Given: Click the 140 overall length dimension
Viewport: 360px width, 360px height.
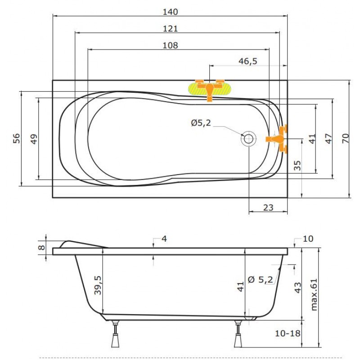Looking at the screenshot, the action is point(170,12).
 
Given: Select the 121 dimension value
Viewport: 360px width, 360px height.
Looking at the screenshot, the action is point(170,29).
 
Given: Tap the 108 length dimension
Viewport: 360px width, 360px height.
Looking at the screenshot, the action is point(170,45).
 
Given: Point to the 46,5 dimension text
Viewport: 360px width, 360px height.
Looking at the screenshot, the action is point(248,61).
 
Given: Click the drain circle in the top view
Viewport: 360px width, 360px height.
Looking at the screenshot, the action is point(248,139).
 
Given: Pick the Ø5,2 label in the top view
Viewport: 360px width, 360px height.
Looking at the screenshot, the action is point(201,123).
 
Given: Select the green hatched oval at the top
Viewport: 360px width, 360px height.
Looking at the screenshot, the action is point(210,89).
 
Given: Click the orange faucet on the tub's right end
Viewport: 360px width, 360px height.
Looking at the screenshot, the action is point(277,139).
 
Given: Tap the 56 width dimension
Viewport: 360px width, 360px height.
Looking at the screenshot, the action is point(16,138).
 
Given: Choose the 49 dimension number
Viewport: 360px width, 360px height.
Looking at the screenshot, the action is point(34,139).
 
